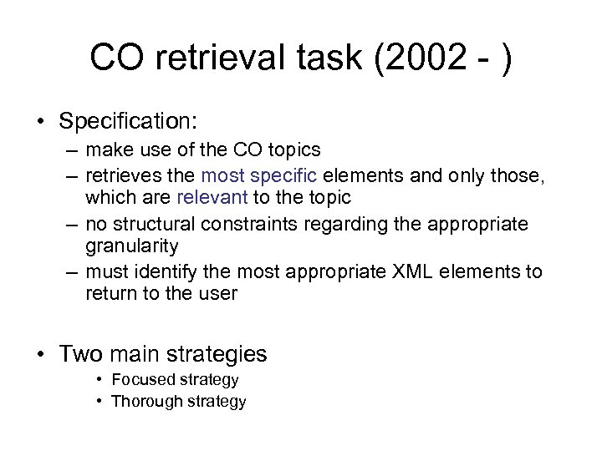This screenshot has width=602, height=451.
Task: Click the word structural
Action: (x=142, y=223)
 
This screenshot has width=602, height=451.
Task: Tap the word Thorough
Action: (x=144, y=401)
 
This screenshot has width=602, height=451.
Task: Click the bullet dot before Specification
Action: (x=39, y=121)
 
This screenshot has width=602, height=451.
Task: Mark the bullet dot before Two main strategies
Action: (x=39, y=354)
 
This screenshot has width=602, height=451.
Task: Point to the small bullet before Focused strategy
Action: (x=99, y=380)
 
